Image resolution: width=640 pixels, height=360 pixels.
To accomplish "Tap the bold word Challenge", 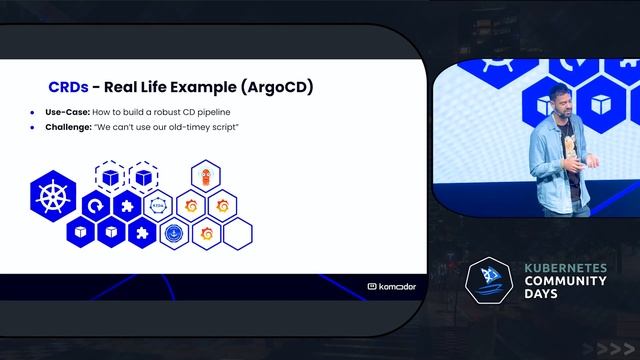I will [x=69, y=128].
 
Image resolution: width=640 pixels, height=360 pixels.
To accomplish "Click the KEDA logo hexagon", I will [x=158, y=206].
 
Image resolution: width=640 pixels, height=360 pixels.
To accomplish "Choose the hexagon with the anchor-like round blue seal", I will [x=173, y=233].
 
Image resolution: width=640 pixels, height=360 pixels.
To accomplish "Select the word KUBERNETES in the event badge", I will [x=567, y=269].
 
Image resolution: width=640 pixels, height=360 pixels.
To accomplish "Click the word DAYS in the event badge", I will [x=543, y=295].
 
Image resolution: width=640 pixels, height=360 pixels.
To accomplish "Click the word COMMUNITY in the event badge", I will [x=566, y=282].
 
